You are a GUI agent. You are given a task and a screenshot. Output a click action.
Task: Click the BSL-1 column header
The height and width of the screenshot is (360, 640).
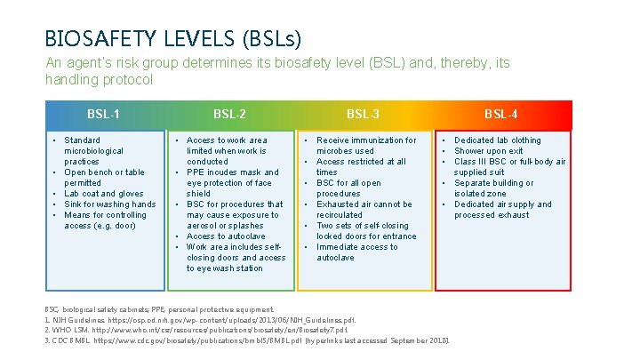pos(104,114)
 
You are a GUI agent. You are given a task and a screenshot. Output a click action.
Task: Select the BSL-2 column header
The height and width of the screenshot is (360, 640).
pos(230,114)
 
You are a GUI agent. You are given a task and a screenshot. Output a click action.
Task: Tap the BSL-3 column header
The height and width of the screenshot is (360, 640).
pos(363,114)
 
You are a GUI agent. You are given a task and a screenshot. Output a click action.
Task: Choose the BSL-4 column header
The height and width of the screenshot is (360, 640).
pos(501,114)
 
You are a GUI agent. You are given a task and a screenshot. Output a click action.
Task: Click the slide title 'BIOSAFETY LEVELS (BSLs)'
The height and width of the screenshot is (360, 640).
pos(173,38)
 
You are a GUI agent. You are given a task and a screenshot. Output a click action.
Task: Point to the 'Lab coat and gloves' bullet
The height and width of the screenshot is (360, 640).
pos(104,194)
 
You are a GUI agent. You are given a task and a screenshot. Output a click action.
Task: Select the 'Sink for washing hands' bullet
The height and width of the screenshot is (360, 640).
pos(109,204)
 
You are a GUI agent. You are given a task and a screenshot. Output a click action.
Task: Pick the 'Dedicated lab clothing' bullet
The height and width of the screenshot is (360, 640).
pos(497,140)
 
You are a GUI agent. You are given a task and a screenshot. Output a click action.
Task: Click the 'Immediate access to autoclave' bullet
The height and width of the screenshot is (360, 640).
pos(356,252)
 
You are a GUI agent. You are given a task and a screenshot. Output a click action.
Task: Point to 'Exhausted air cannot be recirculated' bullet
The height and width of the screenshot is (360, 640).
pos(364,210)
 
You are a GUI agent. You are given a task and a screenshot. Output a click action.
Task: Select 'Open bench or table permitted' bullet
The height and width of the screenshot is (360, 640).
pos(104,178)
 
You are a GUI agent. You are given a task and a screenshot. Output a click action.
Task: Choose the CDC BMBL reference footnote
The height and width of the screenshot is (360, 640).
pos(248,340)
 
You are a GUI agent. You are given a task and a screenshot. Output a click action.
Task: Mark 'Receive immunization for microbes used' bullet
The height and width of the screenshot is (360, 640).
pos(366,146)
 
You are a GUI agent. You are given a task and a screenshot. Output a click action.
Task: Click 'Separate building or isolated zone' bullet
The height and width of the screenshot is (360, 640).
pos(493,188)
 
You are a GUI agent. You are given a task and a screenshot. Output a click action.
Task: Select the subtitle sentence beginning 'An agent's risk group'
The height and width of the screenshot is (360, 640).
pos(277,71)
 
